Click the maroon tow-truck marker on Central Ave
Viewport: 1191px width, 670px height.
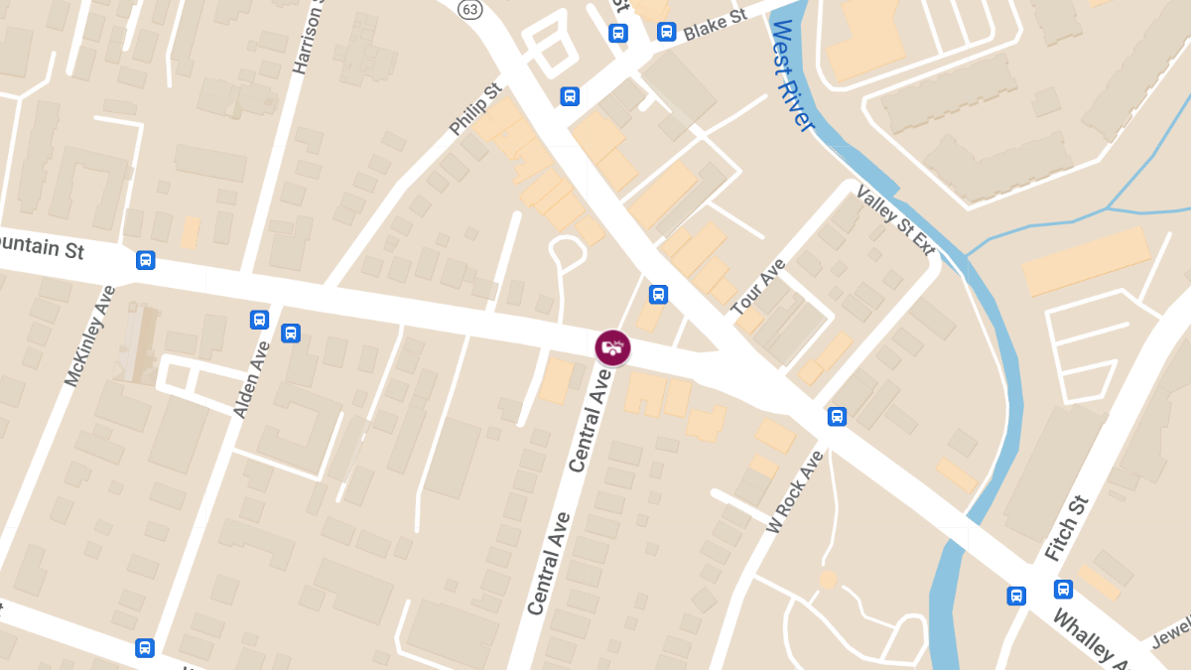click(613, 347)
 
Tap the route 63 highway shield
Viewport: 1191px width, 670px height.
click(469, 9)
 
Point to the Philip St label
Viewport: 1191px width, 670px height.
click(475, 110)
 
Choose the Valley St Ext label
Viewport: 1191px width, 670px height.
click(895, 219)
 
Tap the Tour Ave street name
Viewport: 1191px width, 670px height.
click(758, 287)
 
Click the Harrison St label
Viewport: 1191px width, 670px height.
click(309, 40)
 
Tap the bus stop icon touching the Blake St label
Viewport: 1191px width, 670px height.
click(666, 32)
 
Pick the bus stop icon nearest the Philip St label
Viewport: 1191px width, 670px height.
click(570, 96)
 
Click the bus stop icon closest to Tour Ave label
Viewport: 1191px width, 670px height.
click(658, 295)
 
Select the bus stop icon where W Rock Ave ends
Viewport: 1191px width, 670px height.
click(837, 417)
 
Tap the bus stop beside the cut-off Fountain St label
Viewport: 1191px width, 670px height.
click(146, 260)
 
